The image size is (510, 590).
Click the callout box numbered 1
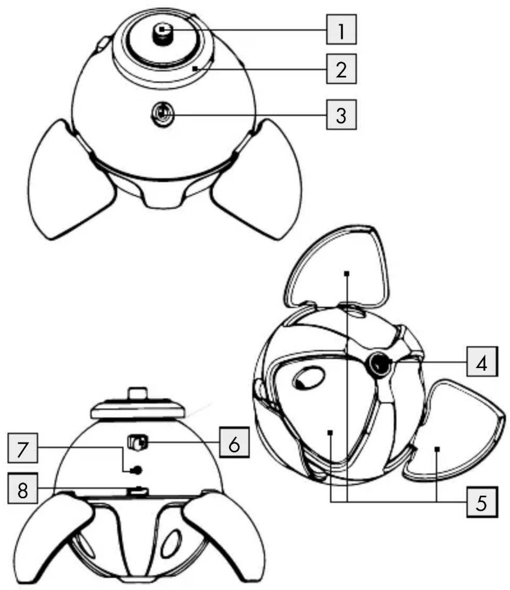click(x=341, y=29)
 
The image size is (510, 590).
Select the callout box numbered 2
click(x=341, y=69)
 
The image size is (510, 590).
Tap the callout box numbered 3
click(x=341, y=115)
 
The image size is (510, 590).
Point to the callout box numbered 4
click(x=482, y=361)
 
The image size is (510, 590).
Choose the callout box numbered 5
click(x=482, y=502)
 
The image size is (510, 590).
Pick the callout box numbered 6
click(x=234, y=442)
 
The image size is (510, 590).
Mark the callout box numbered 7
click(x=23, y=448)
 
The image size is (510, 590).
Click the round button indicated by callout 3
click(x=162, y=115)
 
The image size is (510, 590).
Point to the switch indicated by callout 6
click(x=137, y=443)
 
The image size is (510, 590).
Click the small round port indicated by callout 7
click(x=137, y=469)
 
